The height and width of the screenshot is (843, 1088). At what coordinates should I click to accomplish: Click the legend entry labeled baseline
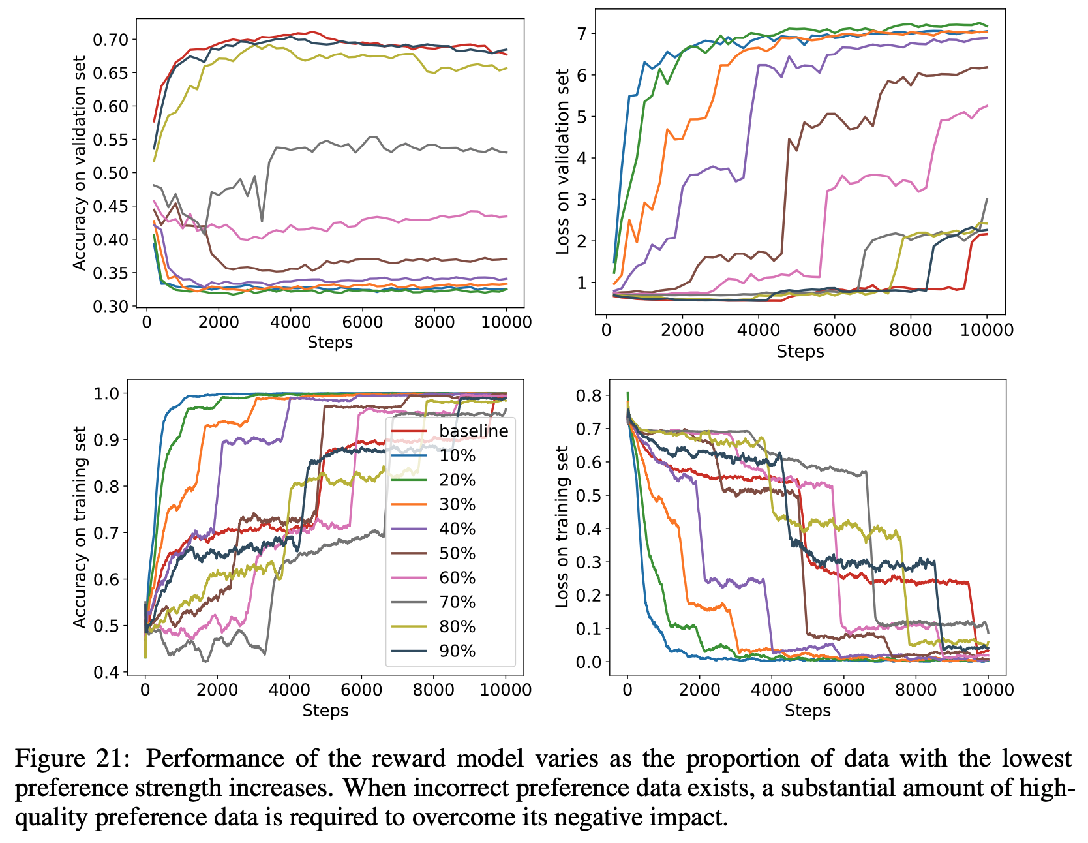point(473,431)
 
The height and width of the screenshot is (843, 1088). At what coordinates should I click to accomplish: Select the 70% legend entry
point(457,602)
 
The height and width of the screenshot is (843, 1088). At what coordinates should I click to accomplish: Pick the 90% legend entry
point(457,651)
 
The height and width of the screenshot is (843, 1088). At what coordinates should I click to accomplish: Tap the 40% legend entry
point(457,529)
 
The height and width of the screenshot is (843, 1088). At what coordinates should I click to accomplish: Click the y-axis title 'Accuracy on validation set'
point(79,163)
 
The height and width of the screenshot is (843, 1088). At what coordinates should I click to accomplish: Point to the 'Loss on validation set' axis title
point(562,162)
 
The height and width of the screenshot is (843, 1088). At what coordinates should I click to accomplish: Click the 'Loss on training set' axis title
point(562,527)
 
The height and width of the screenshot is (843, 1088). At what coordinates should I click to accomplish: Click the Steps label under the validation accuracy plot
point(330,342)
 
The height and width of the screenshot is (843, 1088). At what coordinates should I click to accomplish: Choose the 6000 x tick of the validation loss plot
point(834,330)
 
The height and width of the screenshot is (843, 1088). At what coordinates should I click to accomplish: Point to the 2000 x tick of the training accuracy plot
point(217,690)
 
